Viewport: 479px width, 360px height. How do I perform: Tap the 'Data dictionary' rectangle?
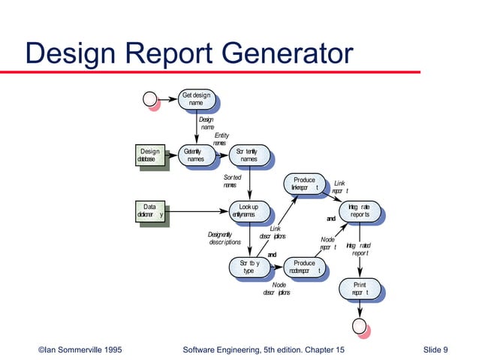pyautogui.click(x=149, y=210)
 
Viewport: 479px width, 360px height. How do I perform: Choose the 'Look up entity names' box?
pyautogui.click(x=249, y=210)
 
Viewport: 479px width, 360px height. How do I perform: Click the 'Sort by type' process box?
pyautogui.click(x=249, y=266)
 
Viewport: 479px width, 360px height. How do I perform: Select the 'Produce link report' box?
pyautogui.click(x=304, y=183)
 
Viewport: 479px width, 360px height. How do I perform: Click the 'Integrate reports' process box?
pyautogui.click(x=359, y=210)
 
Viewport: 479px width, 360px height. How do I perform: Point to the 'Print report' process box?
pyautogui.click(x=359, y=289)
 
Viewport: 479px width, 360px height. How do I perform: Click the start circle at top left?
pyautogui.click(x=150, y=98)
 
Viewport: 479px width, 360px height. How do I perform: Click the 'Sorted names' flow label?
pyautogui.click(x=232, y=180)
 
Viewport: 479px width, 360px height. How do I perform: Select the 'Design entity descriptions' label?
pyautogui.click(x=224, y=238)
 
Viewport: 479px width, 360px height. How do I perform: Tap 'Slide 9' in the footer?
pyautogui.click(x=435, y=349)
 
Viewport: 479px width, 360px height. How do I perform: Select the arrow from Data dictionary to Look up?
pyautogui.click(x=195, y=210)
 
